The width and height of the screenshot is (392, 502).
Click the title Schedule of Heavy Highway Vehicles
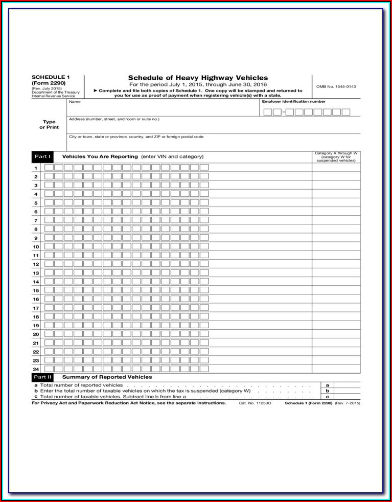tap(198, 78)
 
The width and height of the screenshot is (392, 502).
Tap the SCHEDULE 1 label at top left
tap(51, 77)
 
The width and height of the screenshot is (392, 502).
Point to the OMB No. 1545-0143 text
tap(336, 86)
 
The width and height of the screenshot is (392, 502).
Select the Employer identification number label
tap(293, 102)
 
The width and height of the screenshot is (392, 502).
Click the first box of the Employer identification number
tap(267, 112)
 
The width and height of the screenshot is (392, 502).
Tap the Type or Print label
tap(49, 125)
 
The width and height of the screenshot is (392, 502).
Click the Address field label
tap(114, 119)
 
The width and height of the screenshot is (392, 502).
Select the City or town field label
tap(136, 137)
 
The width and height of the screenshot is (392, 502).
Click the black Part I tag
tap(42, 156)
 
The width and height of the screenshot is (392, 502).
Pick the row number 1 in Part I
tap(36, 168)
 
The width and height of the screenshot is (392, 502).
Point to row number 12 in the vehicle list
tap(36, 264)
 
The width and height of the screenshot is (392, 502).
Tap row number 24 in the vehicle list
tap(36, 369)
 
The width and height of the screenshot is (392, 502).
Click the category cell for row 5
tap(336, 203)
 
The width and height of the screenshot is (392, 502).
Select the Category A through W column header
tap(336, 156)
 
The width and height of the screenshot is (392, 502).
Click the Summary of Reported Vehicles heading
tap(107, 377)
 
